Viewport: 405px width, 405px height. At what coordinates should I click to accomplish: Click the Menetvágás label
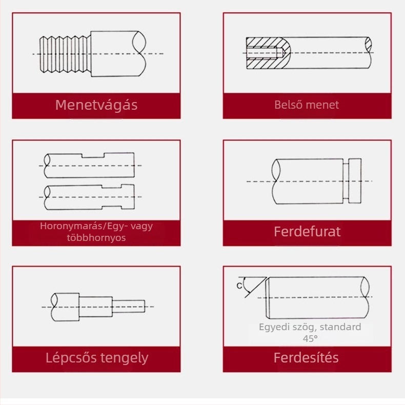pyautogui.click(x=96, y=105)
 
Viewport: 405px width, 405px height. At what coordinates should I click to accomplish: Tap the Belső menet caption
pyautogui.click(x=307, y=105)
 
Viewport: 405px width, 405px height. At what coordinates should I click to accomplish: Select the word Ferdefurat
pyautogui.click(x=307, y=231)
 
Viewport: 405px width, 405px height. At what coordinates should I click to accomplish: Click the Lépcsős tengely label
pyautogui.click(x=97, y=358)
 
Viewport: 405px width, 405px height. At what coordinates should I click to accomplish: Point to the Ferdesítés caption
pyautogui.click(x=306, y=358)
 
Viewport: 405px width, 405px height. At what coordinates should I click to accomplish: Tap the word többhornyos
pyautogui.click(x=96, y=238)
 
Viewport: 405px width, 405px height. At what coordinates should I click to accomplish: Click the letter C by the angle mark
pyautogui.click(x=239, y=286)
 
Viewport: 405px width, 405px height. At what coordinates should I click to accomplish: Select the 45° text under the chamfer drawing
pyautogui.click(x=310, y=338)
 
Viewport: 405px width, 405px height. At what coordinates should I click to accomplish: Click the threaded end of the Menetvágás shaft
pyautogui.click(x=65, y=54)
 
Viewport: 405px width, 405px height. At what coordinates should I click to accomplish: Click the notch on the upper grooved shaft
pyautogui.click(x=93, y=155)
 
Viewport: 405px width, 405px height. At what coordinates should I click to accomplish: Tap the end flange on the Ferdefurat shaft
pyautogui.click(x=355, y=181)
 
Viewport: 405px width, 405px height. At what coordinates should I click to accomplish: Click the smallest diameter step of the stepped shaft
pyautogui.click(x=128, y=307)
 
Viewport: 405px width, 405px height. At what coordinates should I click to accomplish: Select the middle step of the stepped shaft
pyautogui.click(x=95, y=307)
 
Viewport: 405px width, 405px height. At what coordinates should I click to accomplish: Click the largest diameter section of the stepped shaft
pyautogui.click(x=65, y=307)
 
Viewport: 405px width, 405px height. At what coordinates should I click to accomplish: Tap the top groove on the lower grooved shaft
pyautogui.click(x=112, y=187)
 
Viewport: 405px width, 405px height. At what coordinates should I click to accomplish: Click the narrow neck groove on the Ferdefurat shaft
pyautogui.click(x=346, y=181)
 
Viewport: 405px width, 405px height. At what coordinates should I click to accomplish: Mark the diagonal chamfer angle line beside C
pyautogui.click(x=256, y=288)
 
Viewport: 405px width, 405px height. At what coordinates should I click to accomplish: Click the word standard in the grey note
pyautogui.click(x=340, y=327)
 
